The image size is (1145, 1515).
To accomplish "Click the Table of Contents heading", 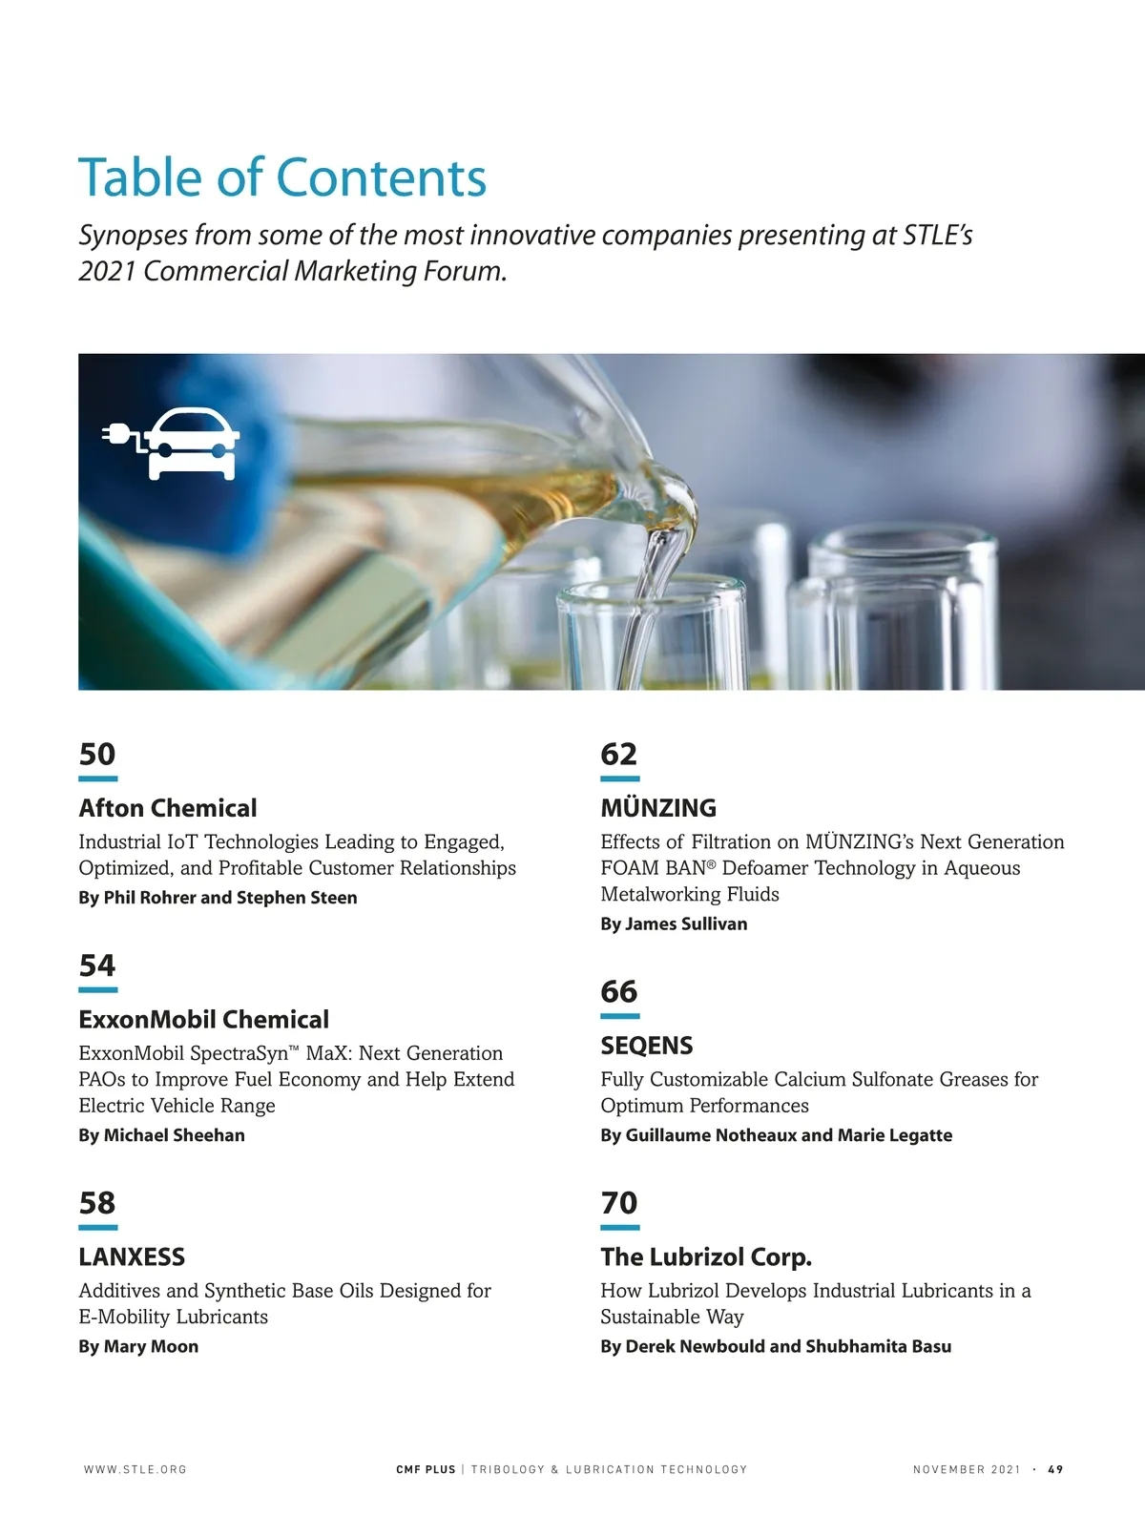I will click(282, 177).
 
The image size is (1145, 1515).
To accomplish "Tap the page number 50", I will click(97, 754).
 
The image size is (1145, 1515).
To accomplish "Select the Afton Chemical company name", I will click(168, 808).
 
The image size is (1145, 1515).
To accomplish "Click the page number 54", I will click(97, 965).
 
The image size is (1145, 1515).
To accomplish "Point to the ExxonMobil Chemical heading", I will click(203, 1019).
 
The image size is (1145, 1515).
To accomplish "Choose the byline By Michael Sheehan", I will click(161, 1135).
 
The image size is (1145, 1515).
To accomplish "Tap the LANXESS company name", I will click(132, 1256).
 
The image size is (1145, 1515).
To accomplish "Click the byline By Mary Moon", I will click(138, 1346).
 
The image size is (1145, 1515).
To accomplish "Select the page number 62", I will click(618, 754).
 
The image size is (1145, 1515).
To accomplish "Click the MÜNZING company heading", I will click(658, 808).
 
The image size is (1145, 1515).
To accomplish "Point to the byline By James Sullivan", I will click(674, 924).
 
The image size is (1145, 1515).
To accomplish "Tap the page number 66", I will click(618, 991).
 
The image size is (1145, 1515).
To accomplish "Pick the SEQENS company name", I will click(647, 1046).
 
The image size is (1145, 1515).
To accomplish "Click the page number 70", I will click(618, 1203).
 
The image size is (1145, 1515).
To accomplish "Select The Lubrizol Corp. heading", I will click(706, 1256).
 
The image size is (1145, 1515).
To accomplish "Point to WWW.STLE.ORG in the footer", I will click(135, 1469).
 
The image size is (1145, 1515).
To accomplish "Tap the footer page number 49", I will click(1055, 1469).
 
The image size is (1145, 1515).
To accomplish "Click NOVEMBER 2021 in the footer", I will click(966, 1469).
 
